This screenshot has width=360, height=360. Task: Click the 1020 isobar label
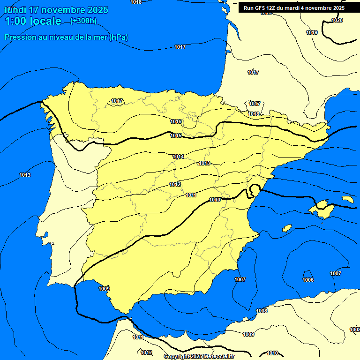coord(337,20)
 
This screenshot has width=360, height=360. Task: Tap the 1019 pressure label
coord(312,32)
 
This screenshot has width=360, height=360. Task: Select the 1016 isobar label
coord(176,121)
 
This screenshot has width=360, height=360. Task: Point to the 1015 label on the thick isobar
coord(176,135)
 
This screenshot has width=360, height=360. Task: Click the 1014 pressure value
coord(178,157)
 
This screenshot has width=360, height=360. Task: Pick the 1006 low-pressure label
coord(308,280)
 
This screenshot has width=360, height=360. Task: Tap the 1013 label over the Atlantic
coord(25,175)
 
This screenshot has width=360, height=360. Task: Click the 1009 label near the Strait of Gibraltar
coord(104,289)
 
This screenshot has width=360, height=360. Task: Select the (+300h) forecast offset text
coord(83,21)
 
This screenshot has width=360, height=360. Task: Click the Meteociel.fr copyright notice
coord(199,357)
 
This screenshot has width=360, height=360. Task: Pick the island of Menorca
coord(347,199)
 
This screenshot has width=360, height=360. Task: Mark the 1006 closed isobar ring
coord(308,272)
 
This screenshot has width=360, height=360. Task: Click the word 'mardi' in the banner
coord(295,8)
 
